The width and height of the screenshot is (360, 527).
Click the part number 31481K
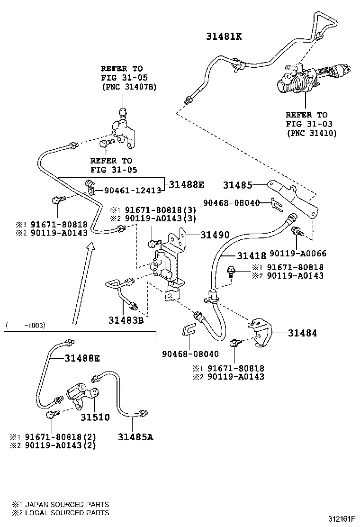[x=224, y=36]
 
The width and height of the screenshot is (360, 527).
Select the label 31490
[x=214, y=235]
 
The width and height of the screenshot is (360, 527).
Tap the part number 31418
[x=251, y=256]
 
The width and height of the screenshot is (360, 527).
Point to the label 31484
[x=302, y=333]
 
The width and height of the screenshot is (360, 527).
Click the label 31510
[x=95, y=418]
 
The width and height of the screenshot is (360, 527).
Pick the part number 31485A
[x=135, y=436]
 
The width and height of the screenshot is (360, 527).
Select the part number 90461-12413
[x=129, y=191]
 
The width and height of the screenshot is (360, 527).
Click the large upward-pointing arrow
[x=81, y=284]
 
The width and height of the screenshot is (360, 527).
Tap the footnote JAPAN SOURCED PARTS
[x=66, y=504]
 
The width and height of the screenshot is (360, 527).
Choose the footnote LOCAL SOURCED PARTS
[x=66, y=512]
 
